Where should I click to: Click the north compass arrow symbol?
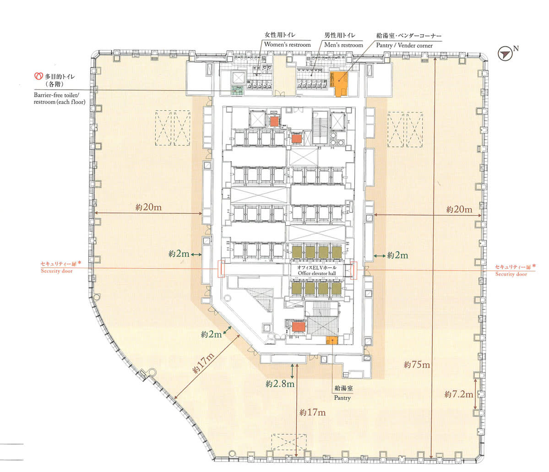click(505, 54)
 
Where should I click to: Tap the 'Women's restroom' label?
click(288, 44)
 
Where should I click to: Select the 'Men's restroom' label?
click(343, 45)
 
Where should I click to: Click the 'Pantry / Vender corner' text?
click(404, 45)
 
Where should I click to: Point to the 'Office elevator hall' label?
click(317, 273)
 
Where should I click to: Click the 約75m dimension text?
click(417, 364)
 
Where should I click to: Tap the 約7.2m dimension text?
click(459, 394)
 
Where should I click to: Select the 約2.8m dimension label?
click(280, 384)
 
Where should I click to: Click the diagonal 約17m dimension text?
click(203, 363)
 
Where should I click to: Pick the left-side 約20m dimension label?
click(148, 207)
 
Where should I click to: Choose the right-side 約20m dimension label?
click(459, 209)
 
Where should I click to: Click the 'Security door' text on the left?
click(57, 271)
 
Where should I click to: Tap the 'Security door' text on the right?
click(511, 274)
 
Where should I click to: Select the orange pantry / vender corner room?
click(338, 83)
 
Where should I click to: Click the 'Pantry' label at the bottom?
click(342, 398)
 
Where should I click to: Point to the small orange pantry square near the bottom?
click(332, 340)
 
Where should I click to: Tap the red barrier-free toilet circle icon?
click(38, 76)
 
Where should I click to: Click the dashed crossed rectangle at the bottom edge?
click(289, 442)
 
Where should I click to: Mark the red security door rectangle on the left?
click(221, 269)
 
